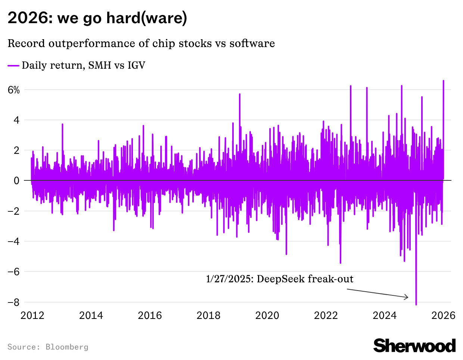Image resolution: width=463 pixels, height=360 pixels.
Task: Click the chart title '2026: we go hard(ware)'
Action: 97,18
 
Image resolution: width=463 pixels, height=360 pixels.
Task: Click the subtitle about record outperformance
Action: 141,43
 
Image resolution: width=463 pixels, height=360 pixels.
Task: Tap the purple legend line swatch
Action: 13,66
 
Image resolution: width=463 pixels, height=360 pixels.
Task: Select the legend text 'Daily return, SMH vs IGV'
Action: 83,65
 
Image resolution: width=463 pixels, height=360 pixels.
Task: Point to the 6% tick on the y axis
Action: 13,90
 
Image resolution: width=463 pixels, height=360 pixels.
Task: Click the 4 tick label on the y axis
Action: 16,120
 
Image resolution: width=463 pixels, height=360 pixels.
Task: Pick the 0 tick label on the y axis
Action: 16,181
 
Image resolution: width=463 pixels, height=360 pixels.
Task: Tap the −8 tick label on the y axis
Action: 14,302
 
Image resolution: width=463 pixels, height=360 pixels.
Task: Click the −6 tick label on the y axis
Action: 14,271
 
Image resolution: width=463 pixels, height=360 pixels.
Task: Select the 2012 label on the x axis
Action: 32,316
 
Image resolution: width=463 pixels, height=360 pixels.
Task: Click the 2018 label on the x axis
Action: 208,316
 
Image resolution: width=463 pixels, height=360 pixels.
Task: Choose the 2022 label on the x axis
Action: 326,316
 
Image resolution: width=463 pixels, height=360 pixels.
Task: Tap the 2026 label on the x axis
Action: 443,316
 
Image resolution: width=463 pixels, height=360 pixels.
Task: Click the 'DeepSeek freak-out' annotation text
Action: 279,279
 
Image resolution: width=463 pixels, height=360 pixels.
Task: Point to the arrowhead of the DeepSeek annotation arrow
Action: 407,298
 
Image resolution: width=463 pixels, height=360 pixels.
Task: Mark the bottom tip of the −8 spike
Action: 416,305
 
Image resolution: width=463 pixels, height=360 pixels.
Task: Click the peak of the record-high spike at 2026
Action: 443,81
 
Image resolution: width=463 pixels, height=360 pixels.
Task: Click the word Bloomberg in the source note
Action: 67,347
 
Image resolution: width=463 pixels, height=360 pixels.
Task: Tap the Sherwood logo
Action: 414,346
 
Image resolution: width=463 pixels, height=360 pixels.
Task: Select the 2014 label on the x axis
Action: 91,316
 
